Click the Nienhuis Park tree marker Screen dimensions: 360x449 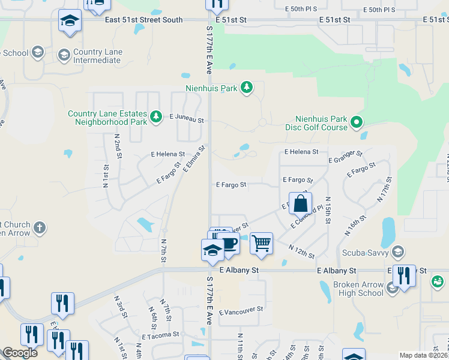coord(246,88)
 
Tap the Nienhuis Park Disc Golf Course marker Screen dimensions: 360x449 coord(357,122)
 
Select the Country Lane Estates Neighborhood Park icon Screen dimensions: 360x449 coord(156,116)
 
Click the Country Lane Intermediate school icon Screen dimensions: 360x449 coord(63,56)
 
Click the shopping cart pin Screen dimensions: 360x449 coord(261,243)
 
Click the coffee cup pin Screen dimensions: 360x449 coord(228,243)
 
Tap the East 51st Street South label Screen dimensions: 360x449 coord(143,20)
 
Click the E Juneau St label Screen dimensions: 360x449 coord(187,119)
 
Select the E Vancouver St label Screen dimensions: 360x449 coord(241,311)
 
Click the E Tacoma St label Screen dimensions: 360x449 coord(160,335)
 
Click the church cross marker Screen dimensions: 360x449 coord(40,227)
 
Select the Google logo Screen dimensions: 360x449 coord(20,353)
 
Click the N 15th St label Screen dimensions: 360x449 coord(328,207)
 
